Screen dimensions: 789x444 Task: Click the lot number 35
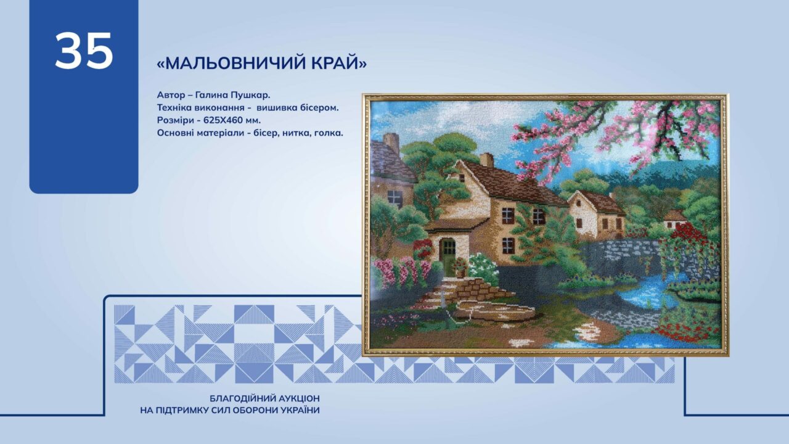(x=84, y=51)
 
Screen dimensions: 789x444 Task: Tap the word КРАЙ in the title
(x=336, y=63)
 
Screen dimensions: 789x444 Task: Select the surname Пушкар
(x=250, y=95)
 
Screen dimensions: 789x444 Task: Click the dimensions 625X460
(x=223, y=120)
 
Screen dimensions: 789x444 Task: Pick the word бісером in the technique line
(x=319, y=108)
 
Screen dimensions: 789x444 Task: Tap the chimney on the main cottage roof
(x=486, y=160)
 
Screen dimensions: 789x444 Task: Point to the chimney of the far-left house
(x=391, y=142)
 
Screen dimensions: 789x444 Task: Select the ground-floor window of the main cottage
(x=509, y=245)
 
